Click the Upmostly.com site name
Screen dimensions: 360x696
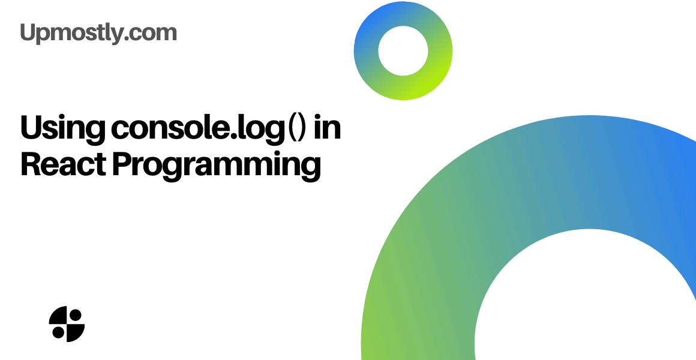tap(98, 32)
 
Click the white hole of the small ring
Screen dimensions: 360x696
tap(403, 50)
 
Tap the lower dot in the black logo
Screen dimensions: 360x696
tap(58, 332)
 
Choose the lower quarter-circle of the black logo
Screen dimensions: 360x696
tap(75, 332)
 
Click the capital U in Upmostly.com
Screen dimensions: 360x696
tap(28, 32)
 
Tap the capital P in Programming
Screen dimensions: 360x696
tap(122, 163)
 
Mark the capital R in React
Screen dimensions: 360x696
tap(30, 163)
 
